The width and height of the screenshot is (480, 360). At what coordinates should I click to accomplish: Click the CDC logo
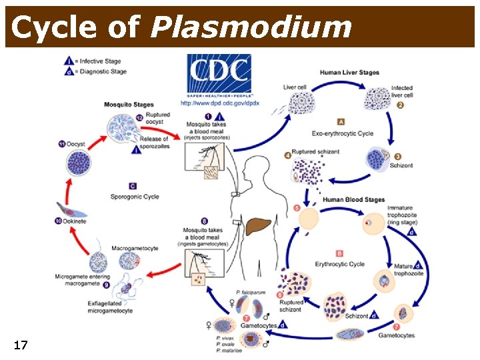(x=218, y=75)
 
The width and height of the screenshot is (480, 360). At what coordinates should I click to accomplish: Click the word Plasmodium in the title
(x=251, y=27)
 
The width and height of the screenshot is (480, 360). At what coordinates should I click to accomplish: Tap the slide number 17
(x=21, y=345)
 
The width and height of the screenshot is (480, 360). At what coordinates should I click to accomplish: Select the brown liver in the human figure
(x=257, y=227)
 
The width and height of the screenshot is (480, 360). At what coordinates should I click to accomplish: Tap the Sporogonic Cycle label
(x=135, y=197)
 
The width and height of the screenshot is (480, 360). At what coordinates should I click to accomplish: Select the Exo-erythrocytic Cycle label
(x=343, y=133)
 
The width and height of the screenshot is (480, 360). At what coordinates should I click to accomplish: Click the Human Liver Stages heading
(x=349, y=73)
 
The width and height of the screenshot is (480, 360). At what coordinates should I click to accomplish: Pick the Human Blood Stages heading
(x=353, y=199)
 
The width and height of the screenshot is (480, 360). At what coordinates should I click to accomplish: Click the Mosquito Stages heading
(x=129, y=105)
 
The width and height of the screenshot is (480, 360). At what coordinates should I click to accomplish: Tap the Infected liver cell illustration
(x=377, y=99)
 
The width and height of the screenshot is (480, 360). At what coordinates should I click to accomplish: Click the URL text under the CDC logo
(x=219, y=103)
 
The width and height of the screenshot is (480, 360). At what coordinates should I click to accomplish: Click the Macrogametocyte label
(x=135, y=248)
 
